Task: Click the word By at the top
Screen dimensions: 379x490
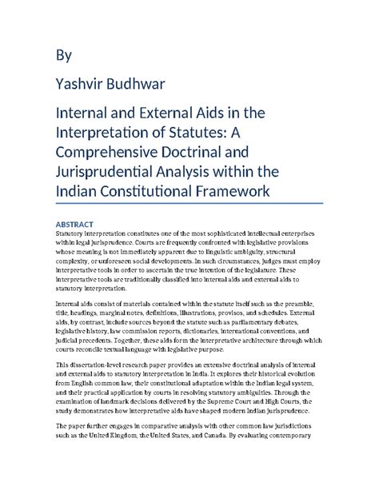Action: click(63, 55)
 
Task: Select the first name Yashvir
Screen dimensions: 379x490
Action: click(81, 84)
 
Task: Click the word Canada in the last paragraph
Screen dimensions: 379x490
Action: click(253, 447)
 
